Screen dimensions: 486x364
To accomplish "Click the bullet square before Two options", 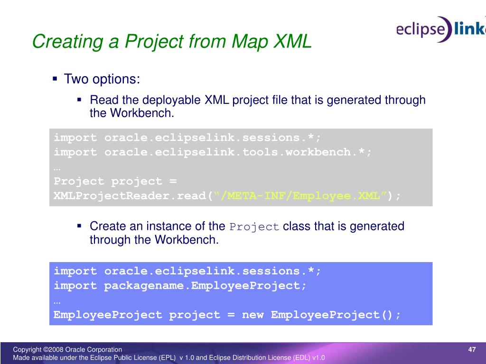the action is (x=55, y=79).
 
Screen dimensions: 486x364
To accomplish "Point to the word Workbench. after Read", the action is (x=142, y=113).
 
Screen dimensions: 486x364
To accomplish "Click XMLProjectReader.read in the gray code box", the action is (x=130, y=196).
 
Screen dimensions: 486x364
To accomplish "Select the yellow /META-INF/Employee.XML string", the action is (x=300, y=196).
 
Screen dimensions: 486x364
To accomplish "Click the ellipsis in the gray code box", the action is (x=57, y=169).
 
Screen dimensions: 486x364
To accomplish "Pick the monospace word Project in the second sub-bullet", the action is (x=254, y=227).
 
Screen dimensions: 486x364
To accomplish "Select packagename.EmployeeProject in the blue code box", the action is (x=202, y=285).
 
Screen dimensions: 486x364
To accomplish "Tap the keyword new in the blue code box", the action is (x=253, y=315).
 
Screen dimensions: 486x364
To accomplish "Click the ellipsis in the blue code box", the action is (x=57, y=302).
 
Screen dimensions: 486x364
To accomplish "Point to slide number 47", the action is (x=472, y=349).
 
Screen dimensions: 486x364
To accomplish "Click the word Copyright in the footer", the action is (x=27, y=350).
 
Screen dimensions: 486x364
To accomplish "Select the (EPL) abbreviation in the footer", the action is (x=167, y=358).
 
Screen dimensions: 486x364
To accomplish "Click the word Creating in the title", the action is (x=67, y=42).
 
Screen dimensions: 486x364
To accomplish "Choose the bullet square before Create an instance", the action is (x=79, y=226).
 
